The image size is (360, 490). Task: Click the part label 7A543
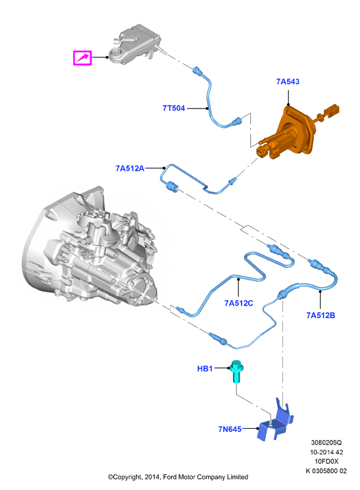click(x=288, y=82)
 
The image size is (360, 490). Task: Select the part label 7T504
click(x=174, y=108)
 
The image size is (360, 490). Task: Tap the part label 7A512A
click(x=130, y=169)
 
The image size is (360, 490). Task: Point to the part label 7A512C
click(x=238, y=303)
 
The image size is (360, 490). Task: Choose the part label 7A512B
click(x=321, y=315)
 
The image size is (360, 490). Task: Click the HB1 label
click(x=205, y=369)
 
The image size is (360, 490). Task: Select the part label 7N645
click(x=230, y=429)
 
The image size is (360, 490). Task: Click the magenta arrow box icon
click(x=82, y=58)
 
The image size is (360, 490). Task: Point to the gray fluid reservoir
click(x=135, y=45)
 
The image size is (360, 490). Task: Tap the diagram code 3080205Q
click(x=326, y=443)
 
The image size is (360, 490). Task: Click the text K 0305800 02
click(x=326, y=471)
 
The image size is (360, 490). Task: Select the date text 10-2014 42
click(x=326, y=452)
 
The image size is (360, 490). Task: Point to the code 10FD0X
click(x=326, y=462)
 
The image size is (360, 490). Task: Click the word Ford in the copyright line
click(x=170, y=477)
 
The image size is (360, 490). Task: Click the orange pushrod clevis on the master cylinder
click(x=332, y=110)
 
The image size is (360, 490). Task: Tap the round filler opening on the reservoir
click(x=116, y=53)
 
